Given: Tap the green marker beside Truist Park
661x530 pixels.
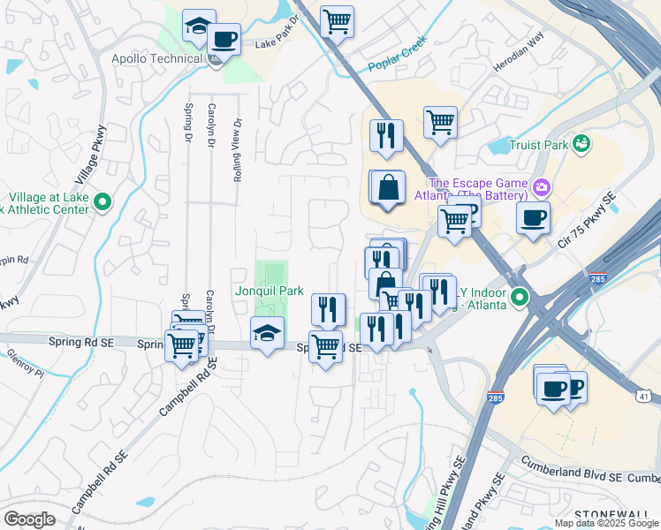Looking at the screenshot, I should pos(581,143).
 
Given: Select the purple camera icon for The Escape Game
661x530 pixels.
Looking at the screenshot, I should pos(542,187).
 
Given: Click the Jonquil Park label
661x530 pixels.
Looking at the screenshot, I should pos(269,291).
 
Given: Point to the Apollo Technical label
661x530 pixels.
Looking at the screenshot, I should pos(156,59).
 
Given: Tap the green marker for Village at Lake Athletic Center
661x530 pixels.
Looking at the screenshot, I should pos(103,203).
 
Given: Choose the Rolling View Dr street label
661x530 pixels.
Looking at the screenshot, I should pos(238,151).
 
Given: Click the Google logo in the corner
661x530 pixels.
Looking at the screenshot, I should pos(29,519).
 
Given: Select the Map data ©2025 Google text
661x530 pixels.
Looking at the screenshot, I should pos(605,523).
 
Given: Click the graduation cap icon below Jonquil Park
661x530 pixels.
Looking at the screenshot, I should pos(267,333).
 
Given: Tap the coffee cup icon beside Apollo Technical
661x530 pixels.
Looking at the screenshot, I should pos(224,40).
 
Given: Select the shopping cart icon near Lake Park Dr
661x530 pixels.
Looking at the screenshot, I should pos(337,20).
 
